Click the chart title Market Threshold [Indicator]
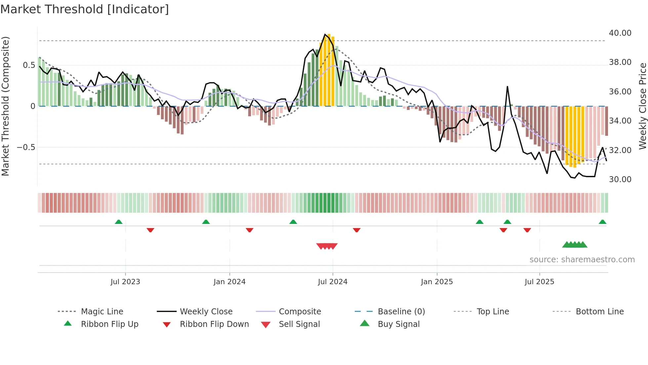coord(85,9)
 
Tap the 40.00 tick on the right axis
coord(620,33)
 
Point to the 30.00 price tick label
coord(620,180)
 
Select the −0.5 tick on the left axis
coord(26,147)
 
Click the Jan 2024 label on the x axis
coord(229,282)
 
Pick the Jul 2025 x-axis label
coord(539,282)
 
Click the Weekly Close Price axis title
coord(642,106)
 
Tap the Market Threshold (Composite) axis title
coord(5,106)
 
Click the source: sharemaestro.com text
coord(582,260)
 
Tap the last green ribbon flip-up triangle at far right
coord(602,222)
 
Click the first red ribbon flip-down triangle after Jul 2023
coord(150,230)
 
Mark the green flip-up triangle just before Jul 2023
coord(119,222)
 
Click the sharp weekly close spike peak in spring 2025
coord(507,87)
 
